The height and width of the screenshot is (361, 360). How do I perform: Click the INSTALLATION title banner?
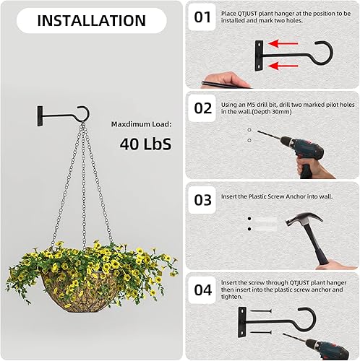(x=91, y=20)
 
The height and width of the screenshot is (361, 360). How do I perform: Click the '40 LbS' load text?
(x=145, y=144)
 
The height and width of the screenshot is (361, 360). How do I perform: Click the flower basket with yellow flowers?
(x=91, y=278)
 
